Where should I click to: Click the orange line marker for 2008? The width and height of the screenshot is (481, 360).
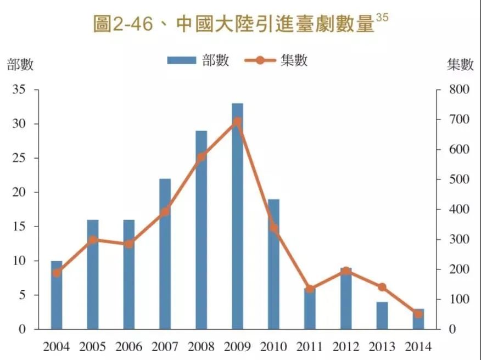(x=201, y=156)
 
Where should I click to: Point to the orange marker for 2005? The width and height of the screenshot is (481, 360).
(x=93, y=240)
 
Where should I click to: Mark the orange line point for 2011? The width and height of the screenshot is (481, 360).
(x=310, y=289)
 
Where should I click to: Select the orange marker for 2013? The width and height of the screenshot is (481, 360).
(x=382, y=287)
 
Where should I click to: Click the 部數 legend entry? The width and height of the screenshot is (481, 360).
(x=198, y=60)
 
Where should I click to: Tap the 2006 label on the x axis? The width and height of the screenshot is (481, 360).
(x=128, y=347)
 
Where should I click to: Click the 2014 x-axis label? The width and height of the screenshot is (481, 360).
(x=418, y=347)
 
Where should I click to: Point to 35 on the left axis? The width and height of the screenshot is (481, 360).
(x=19, y=89)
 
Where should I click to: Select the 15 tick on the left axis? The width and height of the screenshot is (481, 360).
(x=19, y=227)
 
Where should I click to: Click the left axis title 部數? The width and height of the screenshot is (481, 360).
(x=20, y=65)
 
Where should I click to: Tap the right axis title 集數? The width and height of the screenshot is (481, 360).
(x=460, y=65)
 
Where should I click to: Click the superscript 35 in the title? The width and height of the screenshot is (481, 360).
(x=382, y=18)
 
